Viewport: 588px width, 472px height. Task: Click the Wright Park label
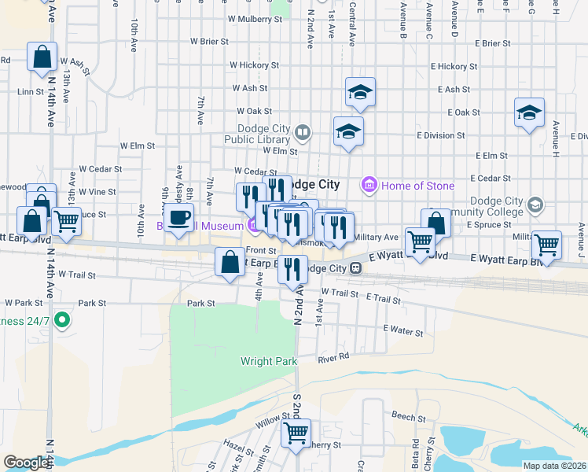coord(269,362)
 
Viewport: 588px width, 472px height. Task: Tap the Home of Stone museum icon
coord(367,186)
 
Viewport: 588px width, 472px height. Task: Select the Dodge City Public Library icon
coord(303,131)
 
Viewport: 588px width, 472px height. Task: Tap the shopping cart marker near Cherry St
coord(296,433)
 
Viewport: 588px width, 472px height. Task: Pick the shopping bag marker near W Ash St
coord(42,57)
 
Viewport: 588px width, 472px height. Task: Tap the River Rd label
coord(333,359)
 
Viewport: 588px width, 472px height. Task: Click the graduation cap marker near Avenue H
coord(530,112)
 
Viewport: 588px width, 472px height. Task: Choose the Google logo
coord(26,463)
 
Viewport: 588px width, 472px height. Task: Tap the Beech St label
coord(402,414)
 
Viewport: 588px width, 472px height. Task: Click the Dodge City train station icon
coord(355,268)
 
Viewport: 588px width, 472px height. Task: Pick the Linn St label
coord(31,91)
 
